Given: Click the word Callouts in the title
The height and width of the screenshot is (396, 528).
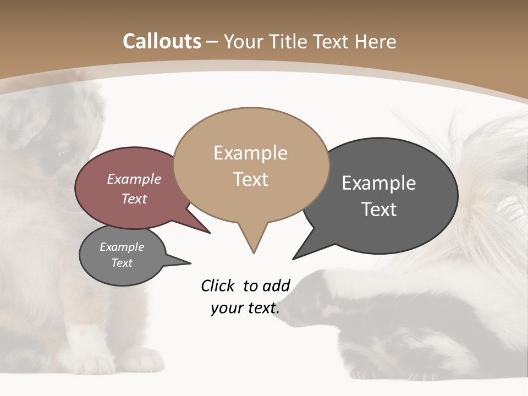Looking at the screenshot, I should [x=162, y=41].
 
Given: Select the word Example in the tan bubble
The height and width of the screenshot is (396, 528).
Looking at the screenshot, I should [x=250, y=153].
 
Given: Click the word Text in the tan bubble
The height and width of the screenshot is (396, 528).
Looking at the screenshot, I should [x=250, y=179].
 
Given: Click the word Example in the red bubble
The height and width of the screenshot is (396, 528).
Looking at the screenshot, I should [x=134, y=179].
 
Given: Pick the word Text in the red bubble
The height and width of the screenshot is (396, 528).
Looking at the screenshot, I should [x=134, y=199].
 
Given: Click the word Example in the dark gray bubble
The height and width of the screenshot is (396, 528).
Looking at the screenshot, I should [x=379, y=183].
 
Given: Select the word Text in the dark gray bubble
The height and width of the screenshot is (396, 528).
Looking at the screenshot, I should [x=379, y=210].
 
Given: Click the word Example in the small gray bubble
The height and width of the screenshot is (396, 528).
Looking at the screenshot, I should [x=122, y=247].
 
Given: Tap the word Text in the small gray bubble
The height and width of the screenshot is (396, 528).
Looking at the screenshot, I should [x=122, y=263].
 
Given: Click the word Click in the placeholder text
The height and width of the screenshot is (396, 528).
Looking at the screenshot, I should [x=219, y=285].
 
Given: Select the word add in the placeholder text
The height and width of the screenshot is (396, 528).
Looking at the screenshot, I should [x=276, y=285].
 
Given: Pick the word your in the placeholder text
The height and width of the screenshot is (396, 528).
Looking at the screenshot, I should [x=226, y=308].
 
